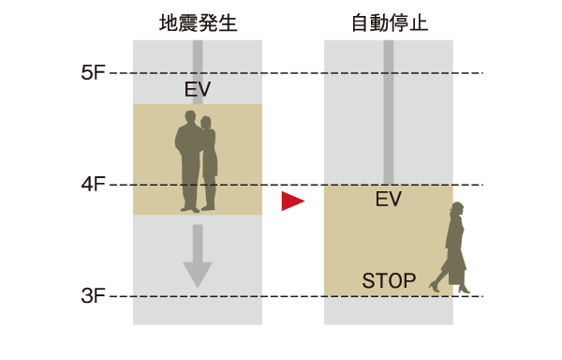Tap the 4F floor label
click(x=93, y=185)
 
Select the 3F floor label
click(x=93, y=296)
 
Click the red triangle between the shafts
click(x=293, y=201)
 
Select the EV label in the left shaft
click(x=198, y=90)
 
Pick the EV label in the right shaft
click(x=389, y=200)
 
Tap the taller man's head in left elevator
click(x=190, y=118)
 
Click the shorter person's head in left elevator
click(x=207, y=123)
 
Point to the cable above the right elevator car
click(x=389, y=112)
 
